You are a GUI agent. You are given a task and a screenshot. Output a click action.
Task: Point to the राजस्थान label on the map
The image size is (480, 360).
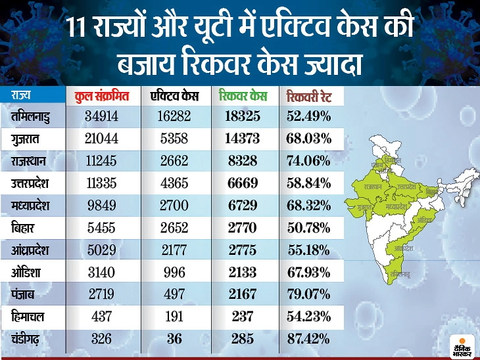[372, 187]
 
